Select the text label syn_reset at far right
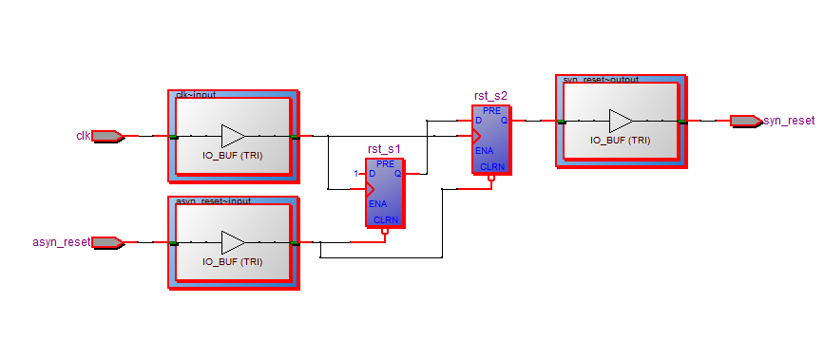tap(789, 121)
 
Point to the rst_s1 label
tap(384, 150)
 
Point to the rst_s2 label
tap(490, 96)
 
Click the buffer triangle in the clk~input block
tap(232, 136)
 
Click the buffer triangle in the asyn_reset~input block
tap(232, 242)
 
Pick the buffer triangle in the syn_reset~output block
tap(621, 121)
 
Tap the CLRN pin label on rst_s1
tap(386, 220)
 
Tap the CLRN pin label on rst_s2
tap(492, 166)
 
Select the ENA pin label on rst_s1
tap(377, 204)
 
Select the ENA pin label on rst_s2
tap(484, 150)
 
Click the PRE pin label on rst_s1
tap(385, 163)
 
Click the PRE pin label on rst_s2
tap(491, 110)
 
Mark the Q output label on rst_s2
tap(505, 121)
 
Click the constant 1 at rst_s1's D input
tap(355, 174)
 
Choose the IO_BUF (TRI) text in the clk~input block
tap(232, 155)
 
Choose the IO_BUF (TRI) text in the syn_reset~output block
tap(621, 140)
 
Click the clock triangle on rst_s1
tap(371, 189)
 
